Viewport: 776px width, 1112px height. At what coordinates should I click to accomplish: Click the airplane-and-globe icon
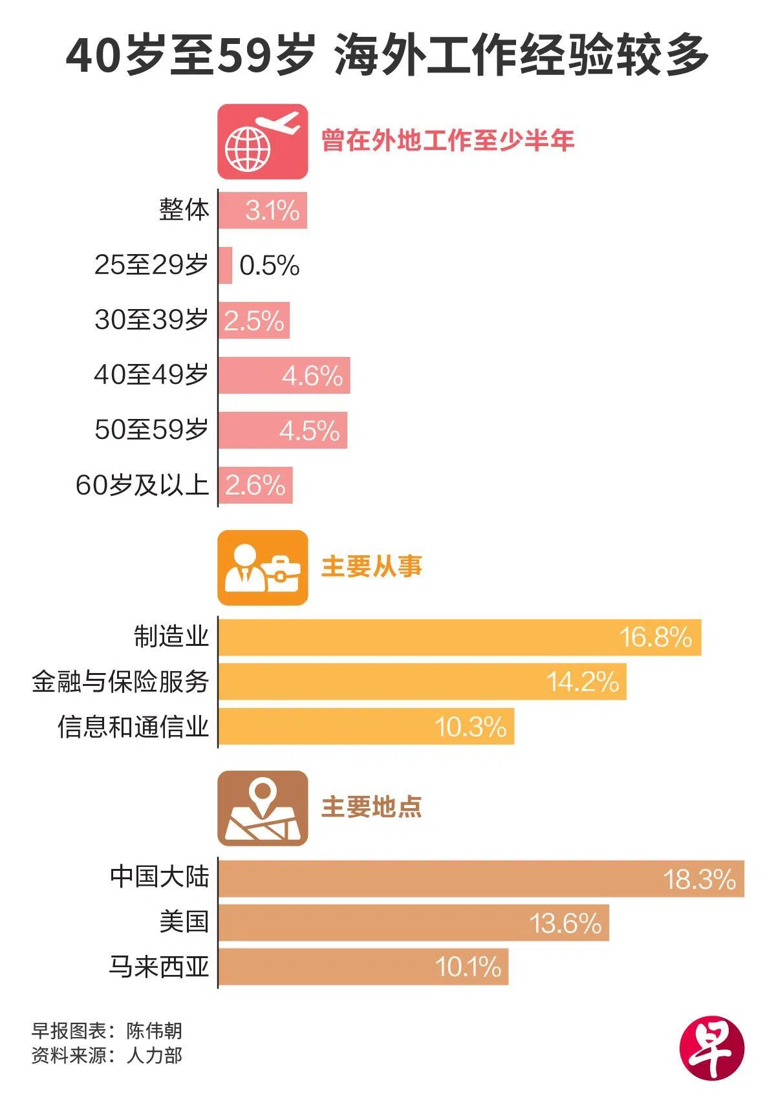point(263,142)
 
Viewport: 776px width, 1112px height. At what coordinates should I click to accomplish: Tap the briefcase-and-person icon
point(263,568)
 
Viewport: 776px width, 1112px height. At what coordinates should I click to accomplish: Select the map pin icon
point(263,808)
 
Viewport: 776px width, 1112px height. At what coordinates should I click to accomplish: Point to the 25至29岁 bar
point(225,265)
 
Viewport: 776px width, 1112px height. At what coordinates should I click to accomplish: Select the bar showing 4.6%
point(284,375)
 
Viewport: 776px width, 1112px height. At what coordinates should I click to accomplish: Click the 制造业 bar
point(459,637)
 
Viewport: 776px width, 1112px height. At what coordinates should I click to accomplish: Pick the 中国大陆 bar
point(481,879)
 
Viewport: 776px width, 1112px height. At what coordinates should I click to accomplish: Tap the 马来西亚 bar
point(363,967)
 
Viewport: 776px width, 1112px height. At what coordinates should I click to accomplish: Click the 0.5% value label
point(269,266)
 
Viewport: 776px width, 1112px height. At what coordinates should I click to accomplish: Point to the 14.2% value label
point(583,682)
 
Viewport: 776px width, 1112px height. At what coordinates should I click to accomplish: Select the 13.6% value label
point(565,923)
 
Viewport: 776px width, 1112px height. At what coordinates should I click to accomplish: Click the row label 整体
point(184,210)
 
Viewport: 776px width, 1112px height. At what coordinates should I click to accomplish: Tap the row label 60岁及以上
point(142,486)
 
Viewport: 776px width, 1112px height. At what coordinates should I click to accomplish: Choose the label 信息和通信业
point(133,727)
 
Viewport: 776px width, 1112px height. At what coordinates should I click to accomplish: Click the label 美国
point(184,921)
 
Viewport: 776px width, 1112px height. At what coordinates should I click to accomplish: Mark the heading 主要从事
point(371,567)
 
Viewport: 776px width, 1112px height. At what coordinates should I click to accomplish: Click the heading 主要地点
point(371,807)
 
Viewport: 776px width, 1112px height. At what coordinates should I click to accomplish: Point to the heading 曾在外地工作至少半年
point(447,140)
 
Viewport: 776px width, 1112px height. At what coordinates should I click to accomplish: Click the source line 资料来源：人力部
point(107,1056)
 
